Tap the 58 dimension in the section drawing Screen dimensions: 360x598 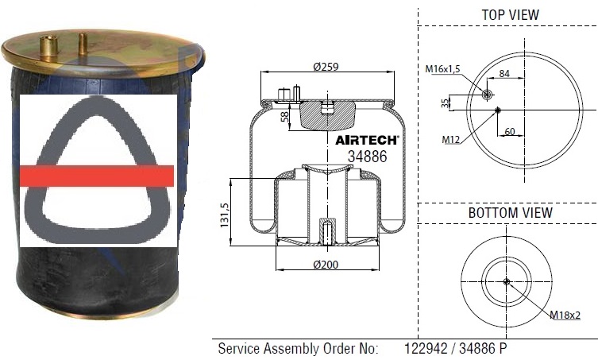tap(284, 117)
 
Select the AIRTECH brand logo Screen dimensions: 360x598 tap(366, 140)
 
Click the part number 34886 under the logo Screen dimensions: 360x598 tap(367, 157)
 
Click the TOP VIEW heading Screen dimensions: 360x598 tap(510, 15)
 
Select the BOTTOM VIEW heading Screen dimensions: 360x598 tap(510, 213)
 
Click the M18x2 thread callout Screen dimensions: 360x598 tap(565, 315)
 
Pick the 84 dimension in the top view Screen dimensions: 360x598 tap(504, 74)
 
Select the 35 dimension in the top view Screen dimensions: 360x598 tap(446, 103)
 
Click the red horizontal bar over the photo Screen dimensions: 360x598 tap(96, 176)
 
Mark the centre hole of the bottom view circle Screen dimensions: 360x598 tap(507, 281)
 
